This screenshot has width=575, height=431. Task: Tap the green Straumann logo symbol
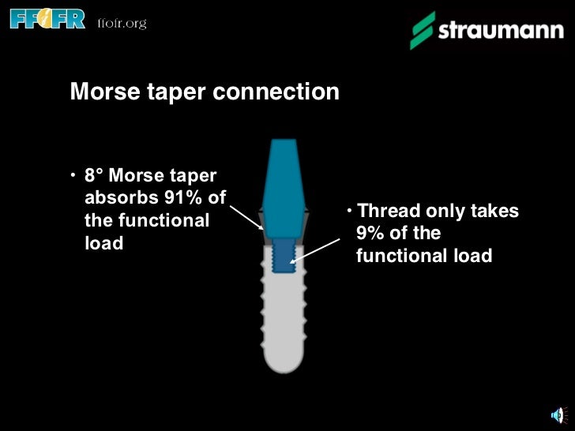[x=422, y=31]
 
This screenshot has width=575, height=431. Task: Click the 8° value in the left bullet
[x=95, y=174]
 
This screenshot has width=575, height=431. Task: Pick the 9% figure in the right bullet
[x=371, y=234]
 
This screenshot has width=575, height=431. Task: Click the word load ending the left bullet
[x=103, y=243]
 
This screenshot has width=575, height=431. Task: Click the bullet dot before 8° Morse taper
[x=73, y=174]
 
